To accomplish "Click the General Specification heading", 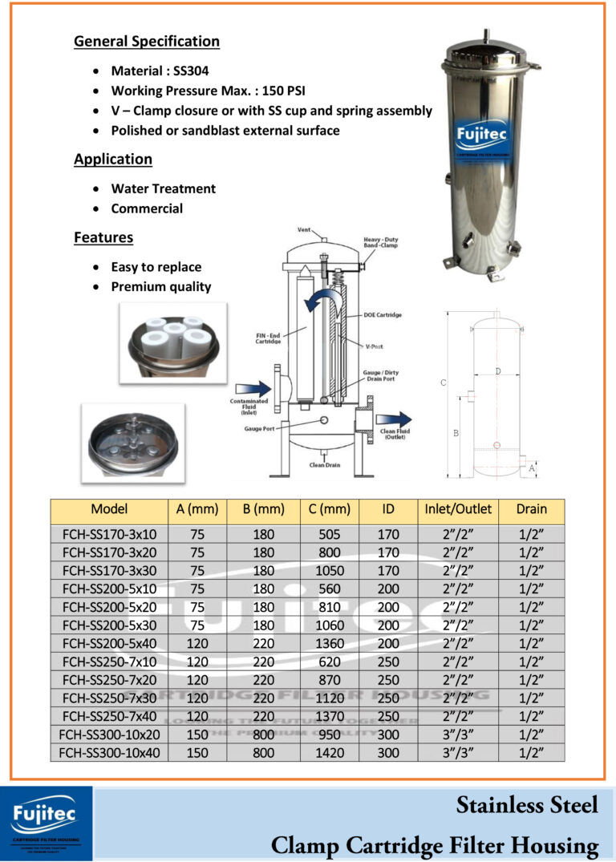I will pyautogui.click(x=146, y=42).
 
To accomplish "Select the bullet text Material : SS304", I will pyautogui.click(x=160, y=71).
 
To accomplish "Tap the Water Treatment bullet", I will pyautogui.click(x=163, y=189).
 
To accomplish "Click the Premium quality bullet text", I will pyautogui.click(x=160, y=286).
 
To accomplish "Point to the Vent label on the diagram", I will pyautogui.click(x=304, y=230).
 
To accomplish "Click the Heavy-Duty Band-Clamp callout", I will pyautogui.click(x=380, y=242).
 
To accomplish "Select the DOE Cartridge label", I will pyautogui.click(x=383, y=315).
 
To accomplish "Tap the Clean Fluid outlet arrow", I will pyautogui.click(x=394, y=419).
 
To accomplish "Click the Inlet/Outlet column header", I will pyautogui.click(x=458, y=509).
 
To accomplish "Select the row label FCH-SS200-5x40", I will pyautogui.click(x=109, y=643).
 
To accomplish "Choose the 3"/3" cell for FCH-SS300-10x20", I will pyautogui.click(x=458, y=735).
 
